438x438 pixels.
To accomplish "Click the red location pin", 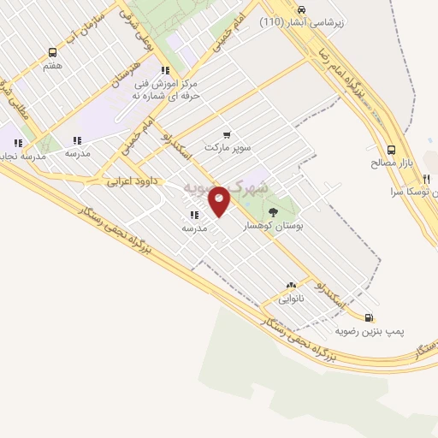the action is (x=219, y=200).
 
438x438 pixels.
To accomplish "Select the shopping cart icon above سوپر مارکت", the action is (x=227, y=134).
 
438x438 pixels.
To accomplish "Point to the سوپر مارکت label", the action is (x=228, y=148).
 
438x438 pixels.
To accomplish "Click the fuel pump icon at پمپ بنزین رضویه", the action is (x=369, y=315).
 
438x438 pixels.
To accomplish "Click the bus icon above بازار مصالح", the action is (x=391, y=148).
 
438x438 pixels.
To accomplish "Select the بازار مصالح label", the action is (x=396, y=162).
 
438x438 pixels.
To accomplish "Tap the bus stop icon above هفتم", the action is (x=53, y=53).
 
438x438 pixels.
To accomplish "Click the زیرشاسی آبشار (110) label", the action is (x=303, y=22).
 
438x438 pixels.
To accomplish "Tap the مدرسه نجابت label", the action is (x=22, y=154).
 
